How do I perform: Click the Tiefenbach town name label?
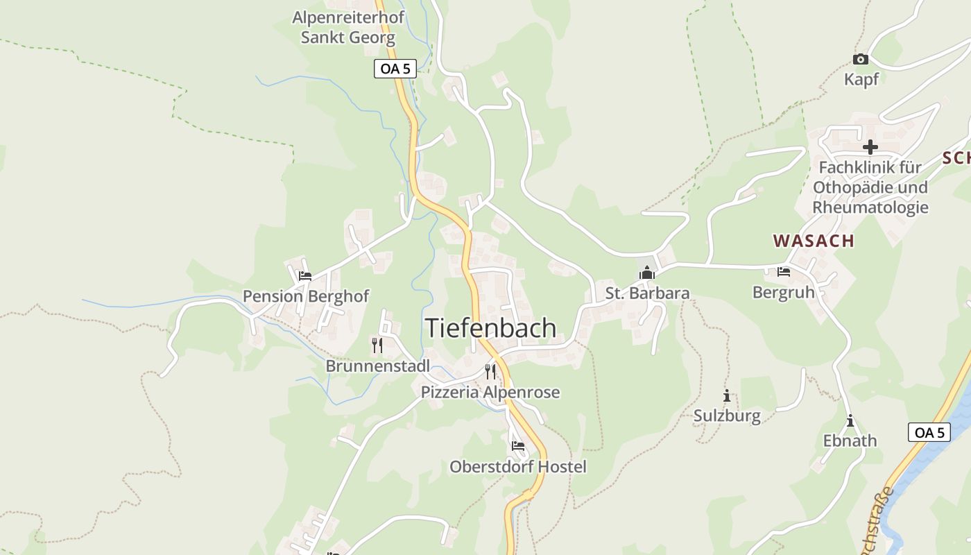tap(490, 327)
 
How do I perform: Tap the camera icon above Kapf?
tap(861, 60)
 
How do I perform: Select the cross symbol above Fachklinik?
tap(870, 147)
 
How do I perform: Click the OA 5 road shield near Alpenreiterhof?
tap(395, 69)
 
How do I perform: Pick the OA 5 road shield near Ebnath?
tap(929, 432)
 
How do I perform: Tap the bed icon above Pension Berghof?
tap(305, 276)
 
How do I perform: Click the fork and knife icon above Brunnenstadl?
tap(377, 345)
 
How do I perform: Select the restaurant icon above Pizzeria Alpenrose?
tap(490, 371)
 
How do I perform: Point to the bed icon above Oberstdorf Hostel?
tap(518, 446)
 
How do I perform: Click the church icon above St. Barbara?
tap(647, 273)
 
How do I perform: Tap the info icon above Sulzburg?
tap(727, 396)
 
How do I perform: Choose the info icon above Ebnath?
tap(850, 421)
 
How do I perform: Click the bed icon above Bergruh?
tap(784, 272)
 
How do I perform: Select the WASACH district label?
tap(814, 241)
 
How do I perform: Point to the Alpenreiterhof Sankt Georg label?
tap(347, 27)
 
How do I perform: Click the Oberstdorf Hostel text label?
tap(518, 467)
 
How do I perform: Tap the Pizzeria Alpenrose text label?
tap(490, 393)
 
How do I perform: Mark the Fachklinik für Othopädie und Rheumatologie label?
tap(870, 187)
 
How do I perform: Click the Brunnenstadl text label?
tap(378, 366)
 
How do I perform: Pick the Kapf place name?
tap(861, 79)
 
